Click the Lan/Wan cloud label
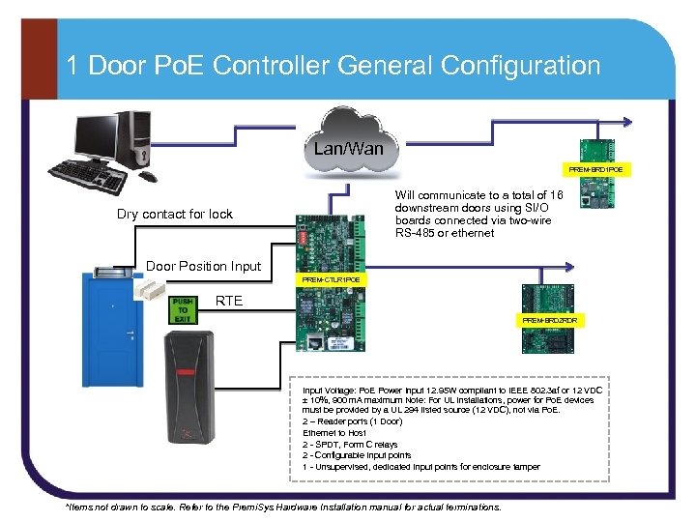click(348, 149)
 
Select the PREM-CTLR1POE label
click(331, 279)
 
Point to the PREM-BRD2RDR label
click(549, 319)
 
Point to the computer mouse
click(148, 176)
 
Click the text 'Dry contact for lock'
click(175, 214)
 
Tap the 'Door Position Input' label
click(202, 266)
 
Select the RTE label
click(229, 300)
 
